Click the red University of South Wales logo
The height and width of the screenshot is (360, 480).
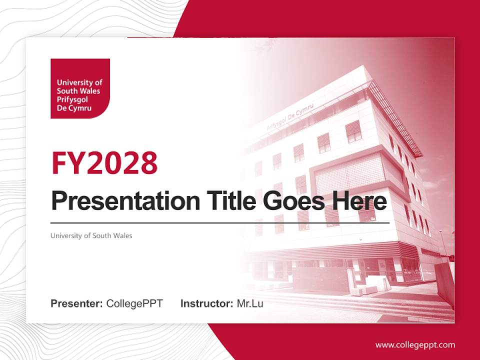[80, 88]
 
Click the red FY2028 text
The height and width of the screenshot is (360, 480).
[104, 163]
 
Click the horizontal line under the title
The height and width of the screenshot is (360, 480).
[220, 222]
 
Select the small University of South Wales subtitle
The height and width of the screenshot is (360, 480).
[91, 235]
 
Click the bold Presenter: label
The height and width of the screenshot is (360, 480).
[77, 303]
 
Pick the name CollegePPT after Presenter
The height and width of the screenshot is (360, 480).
[134, 303]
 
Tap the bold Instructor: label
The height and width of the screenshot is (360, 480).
[206, 303]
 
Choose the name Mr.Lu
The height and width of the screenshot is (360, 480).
[249, 303]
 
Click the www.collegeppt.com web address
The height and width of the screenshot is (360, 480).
[415, 344]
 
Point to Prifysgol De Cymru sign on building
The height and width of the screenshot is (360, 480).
[290, 117]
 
